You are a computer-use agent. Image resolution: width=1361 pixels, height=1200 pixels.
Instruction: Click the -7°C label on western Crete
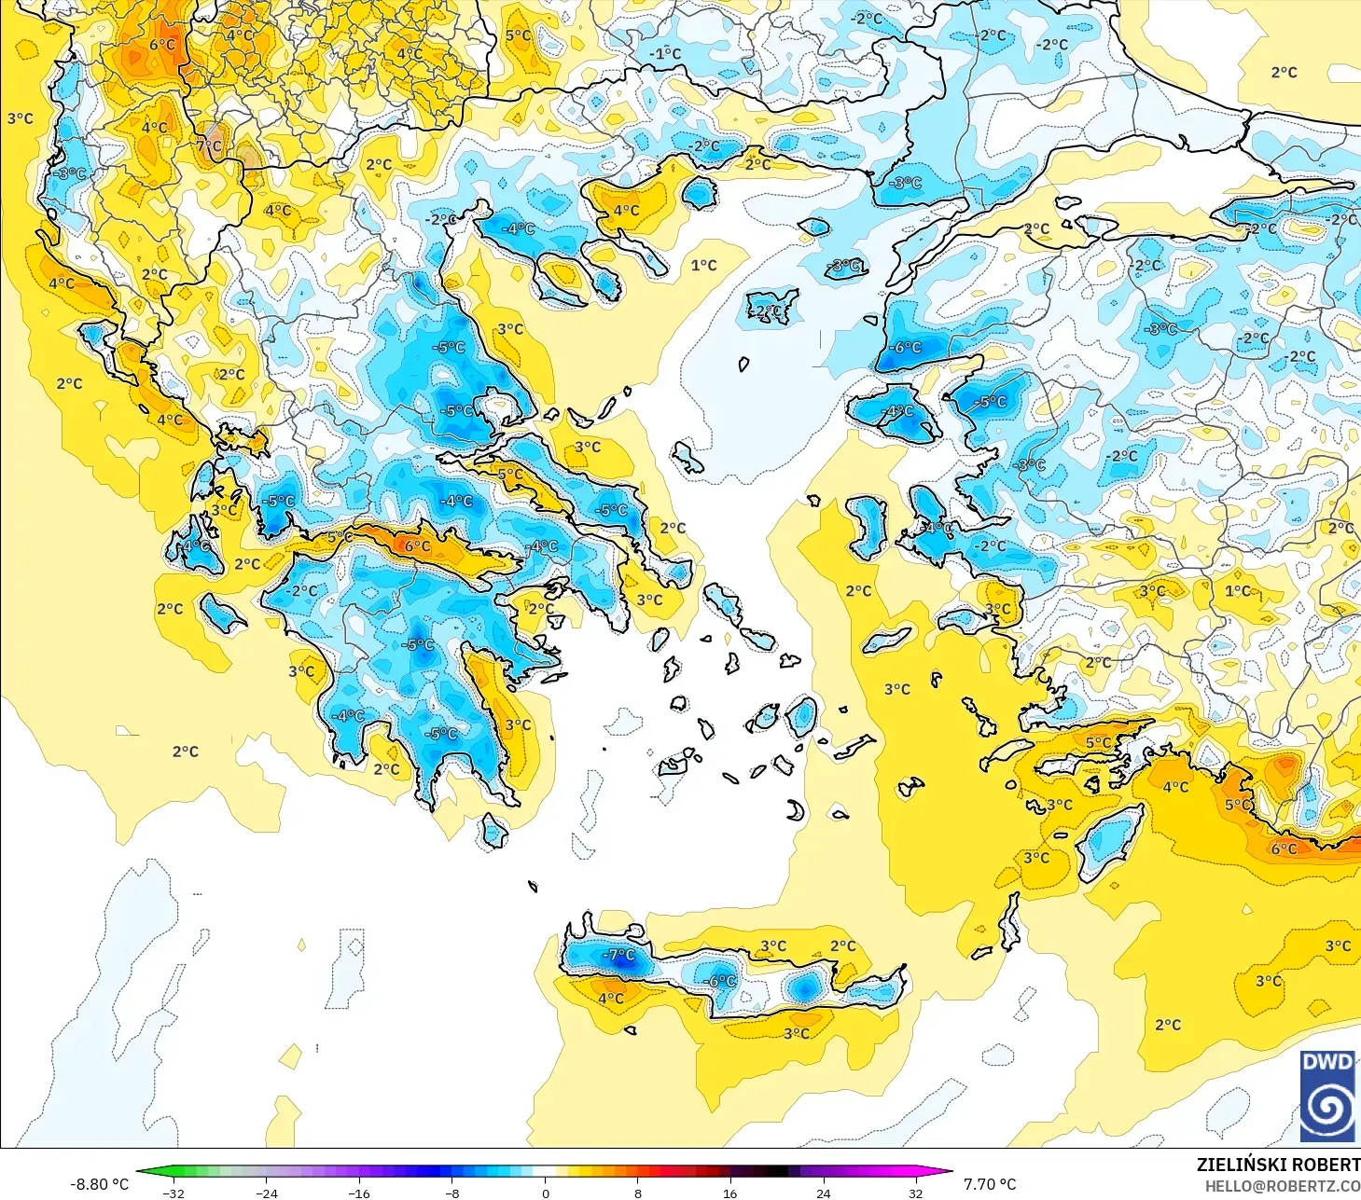pos(618,955)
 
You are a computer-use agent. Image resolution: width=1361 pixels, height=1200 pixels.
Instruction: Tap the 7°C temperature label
pos(210,145)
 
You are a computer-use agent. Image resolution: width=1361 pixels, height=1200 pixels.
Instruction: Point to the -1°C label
pos(665,53)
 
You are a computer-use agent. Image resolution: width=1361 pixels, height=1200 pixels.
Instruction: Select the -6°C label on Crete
pos(721,981)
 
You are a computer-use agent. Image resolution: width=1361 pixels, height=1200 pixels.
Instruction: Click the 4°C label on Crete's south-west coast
pos(611,999)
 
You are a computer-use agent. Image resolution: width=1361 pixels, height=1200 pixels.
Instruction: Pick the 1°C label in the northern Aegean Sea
pos(704,265)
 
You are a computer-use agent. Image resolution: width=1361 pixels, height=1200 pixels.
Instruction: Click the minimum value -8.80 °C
pos(99,1184)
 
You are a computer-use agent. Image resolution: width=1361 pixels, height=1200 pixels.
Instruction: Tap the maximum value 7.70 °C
pos(990,1184)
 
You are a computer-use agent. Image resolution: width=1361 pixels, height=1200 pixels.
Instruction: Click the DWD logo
pos(1327,1096)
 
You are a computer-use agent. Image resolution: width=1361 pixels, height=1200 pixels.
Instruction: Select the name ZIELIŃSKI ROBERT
pos(1278,1165)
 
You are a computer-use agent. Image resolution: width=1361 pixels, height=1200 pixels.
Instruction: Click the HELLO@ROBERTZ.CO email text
pos(1283,1186)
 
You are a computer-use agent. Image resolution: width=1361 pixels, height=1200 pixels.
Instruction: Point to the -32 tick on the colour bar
pos(174,1193)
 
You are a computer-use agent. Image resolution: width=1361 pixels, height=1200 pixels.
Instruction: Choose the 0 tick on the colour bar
pos(546,1193)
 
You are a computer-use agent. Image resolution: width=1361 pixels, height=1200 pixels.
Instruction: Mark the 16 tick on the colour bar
pos(730,1193)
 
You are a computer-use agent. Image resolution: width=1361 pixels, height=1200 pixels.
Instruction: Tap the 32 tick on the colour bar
pos(916,1193)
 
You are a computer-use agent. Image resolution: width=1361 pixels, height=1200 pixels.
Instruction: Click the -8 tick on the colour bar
pos(452,1193)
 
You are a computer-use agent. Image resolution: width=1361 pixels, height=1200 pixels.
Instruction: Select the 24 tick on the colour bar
pos(823,1193)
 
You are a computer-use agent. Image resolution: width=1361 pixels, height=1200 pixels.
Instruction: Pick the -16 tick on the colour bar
pos(359,1193)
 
